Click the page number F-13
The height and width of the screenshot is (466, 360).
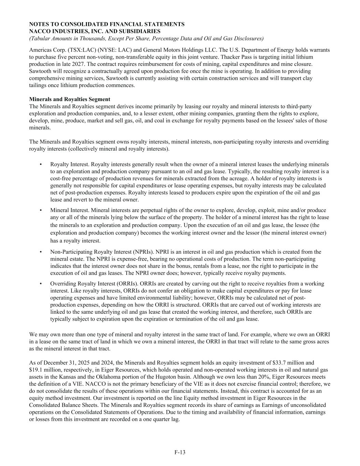point(180,452)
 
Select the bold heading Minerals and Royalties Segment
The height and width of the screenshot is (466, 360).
point(70,99)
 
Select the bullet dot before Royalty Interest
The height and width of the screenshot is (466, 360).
point(41,164)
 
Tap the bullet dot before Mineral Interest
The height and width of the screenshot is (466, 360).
point(41,210)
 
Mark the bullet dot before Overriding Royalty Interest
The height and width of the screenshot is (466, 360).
point(41,284)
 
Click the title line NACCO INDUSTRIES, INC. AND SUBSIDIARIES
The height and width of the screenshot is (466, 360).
point(95,31)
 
